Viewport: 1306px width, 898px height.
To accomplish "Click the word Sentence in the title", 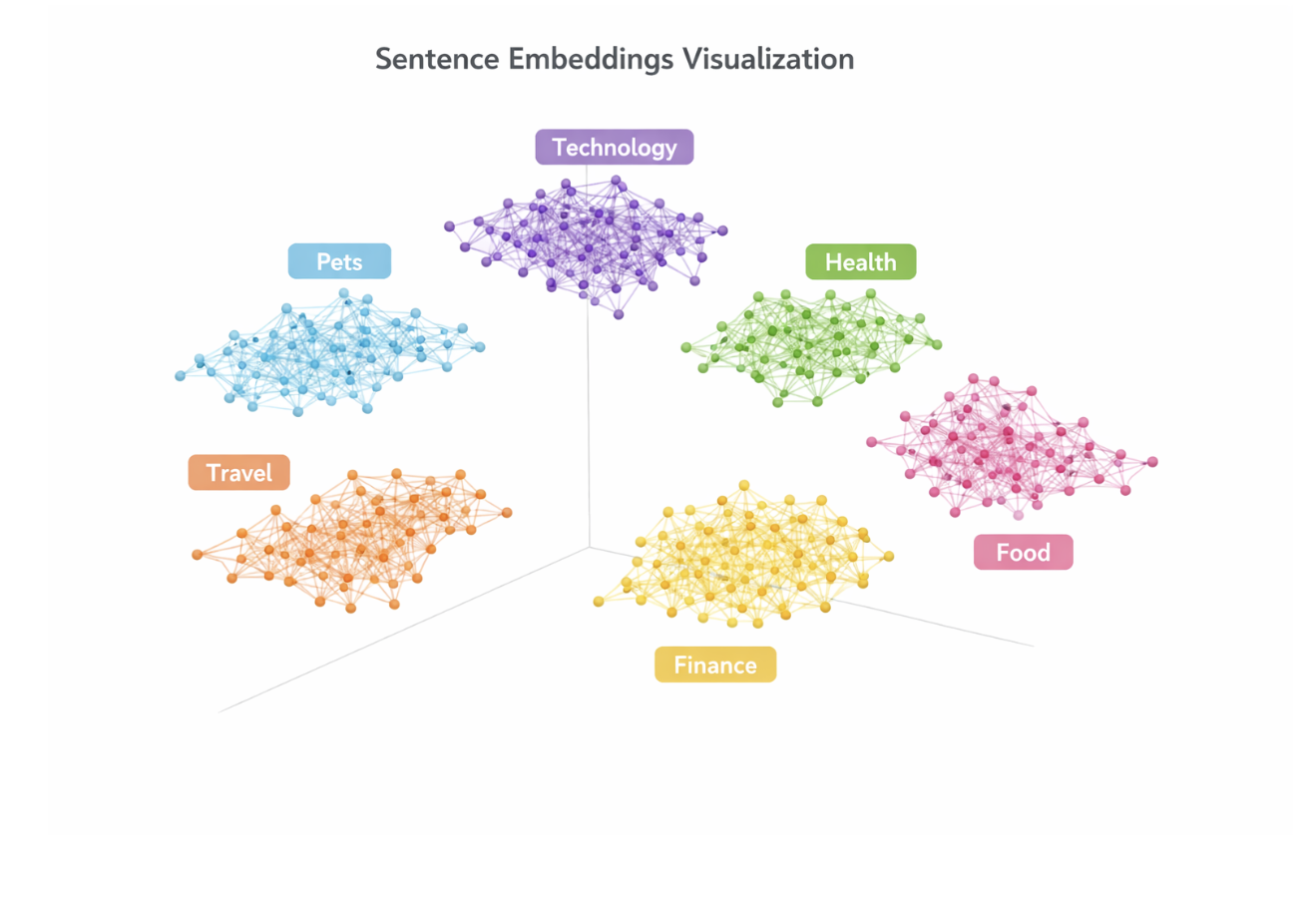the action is pos(437,60).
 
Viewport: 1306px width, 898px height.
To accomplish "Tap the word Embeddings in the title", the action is pos(591,61).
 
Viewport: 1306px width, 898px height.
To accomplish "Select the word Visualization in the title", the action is pos(768,60).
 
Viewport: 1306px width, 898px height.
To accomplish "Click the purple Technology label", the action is pos(615,147).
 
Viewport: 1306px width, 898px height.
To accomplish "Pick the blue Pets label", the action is pos(339,261).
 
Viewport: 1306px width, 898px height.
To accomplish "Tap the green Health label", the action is pos(861,261).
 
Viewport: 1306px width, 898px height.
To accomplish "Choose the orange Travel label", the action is pos(239,472).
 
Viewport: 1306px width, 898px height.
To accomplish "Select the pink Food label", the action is pos(1024,552).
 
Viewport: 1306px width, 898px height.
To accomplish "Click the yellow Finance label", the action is pos(715,665).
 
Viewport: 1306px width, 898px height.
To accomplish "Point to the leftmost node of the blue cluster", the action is pos(181,376).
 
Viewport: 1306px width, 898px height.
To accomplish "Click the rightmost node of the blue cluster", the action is pos(480,347).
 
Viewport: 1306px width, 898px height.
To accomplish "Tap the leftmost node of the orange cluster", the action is pos(198,555).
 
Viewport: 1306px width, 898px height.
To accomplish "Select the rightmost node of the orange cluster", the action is pos(507,513).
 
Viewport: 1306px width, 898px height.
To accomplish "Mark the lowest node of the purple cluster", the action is pos(619,315).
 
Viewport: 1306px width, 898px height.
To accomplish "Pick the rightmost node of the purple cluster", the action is pos(722,230).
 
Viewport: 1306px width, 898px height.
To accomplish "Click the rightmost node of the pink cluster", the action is pos(1152,462).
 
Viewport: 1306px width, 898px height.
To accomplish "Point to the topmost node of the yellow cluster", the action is pos(744,485).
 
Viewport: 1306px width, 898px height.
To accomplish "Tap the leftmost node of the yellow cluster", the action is pos(599,602).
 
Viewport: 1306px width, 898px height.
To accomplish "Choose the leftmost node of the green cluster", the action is pos(686,347).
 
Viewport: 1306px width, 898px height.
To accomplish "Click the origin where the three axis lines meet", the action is pos(589,547).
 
